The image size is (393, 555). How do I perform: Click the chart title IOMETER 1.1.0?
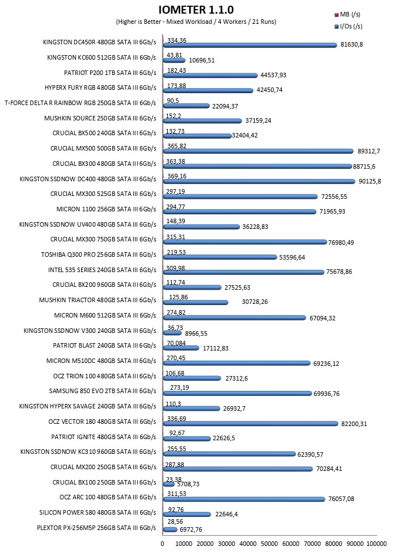(196, 10)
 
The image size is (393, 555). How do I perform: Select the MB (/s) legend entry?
(348, 15)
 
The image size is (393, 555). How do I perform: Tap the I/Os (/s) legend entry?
(348, 26)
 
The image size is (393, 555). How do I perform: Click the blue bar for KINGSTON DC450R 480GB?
(250, 45)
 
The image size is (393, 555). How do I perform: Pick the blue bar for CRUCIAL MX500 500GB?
(258, 151)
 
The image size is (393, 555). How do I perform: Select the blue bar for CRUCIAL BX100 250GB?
(168, 484)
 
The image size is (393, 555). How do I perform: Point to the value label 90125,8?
(370, 181)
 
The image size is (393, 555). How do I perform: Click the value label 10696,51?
(201, 60)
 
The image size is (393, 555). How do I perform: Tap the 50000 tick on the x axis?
(269, 544)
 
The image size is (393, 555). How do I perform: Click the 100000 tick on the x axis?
(377, 544)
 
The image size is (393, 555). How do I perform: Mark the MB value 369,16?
(177, 176)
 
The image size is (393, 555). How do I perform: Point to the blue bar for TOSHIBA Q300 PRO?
(220, 257)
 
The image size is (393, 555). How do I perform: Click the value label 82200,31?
(354, 424)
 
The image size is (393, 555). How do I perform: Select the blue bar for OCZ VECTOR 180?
(251, 424)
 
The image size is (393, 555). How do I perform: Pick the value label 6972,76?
(191, 529)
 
